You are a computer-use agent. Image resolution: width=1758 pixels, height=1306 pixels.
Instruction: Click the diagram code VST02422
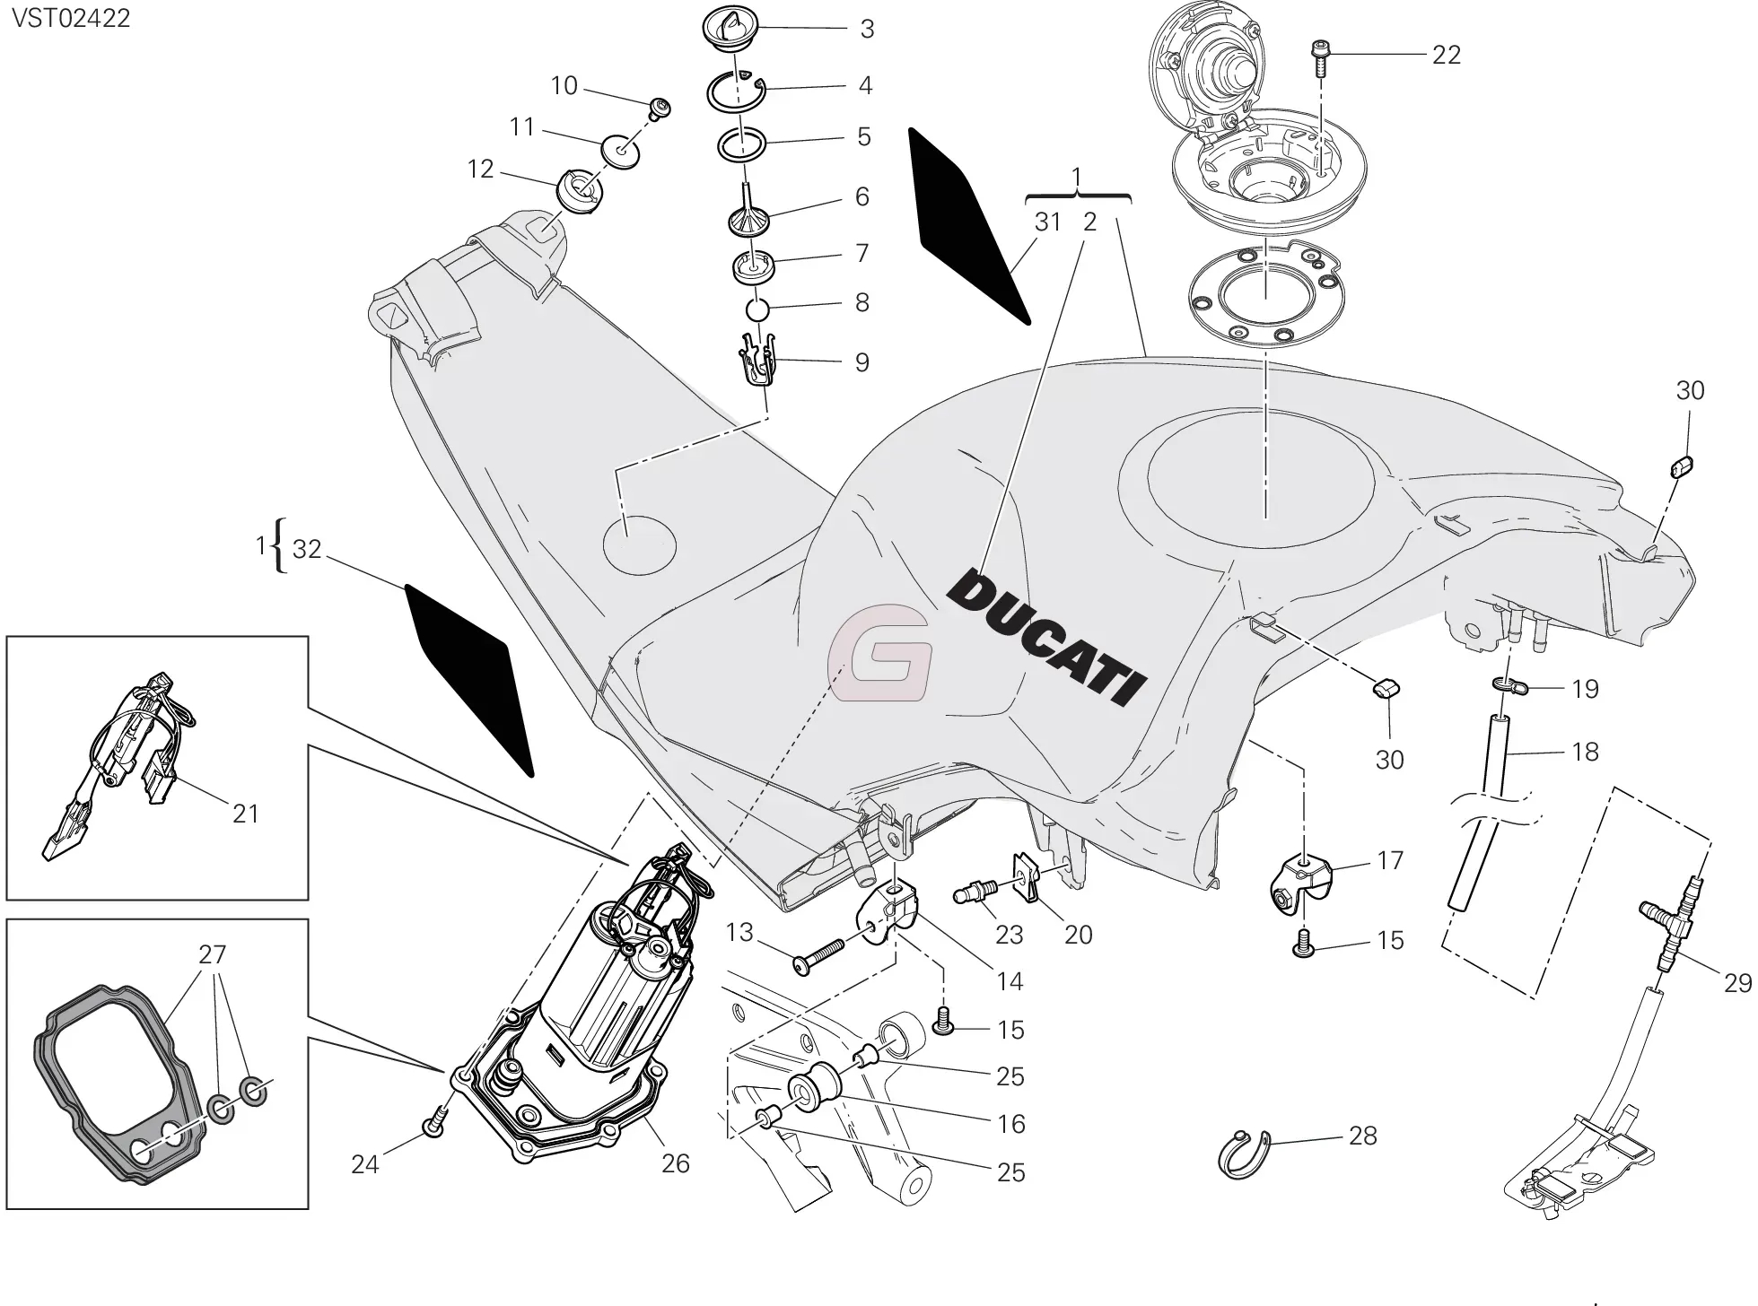(x=70, y=17)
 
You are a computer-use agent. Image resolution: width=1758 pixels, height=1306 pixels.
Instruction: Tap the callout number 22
(x=1446, y=55)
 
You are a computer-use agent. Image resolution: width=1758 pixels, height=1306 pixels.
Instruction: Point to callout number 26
(x=675, y=1163)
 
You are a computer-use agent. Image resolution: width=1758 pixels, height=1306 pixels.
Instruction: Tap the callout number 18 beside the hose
(x=1586, y=752)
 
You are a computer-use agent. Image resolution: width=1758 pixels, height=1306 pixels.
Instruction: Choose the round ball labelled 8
(x=759, y=309)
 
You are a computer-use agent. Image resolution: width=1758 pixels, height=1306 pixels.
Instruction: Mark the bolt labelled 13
(x=817, y=954)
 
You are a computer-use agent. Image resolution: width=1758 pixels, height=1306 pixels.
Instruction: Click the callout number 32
(x=307, y=549)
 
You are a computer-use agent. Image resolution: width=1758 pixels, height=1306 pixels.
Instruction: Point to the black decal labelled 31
(x=966, y=224)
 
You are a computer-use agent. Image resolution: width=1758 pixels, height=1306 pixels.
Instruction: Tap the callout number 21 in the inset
(x=245, y=814)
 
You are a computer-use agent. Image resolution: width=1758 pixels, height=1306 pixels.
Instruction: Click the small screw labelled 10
(x=662, y=109)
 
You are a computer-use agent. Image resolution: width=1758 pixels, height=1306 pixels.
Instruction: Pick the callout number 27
(x=212, y=954)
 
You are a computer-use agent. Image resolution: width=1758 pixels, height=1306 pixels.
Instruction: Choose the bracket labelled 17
(x=1299, y=883)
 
